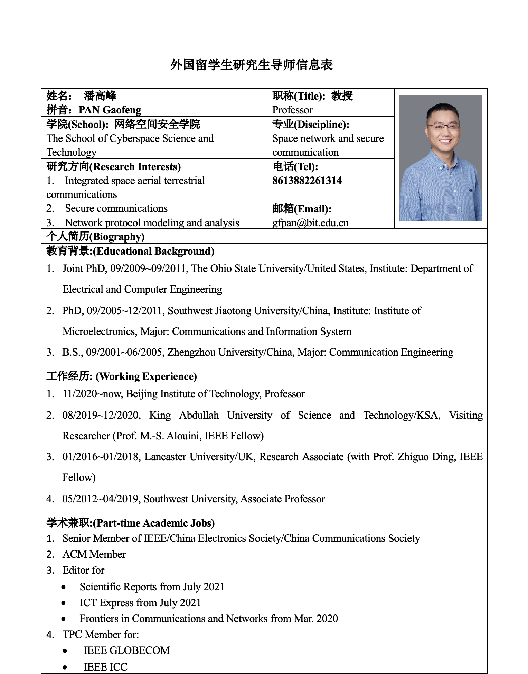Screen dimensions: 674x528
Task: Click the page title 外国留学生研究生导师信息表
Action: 251,65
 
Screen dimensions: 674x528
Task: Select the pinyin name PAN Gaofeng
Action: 110,110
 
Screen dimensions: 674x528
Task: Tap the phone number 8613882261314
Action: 307,181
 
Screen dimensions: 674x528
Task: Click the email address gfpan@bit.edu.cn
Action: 310,223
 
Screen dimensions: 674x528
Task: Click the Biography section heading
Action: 95,237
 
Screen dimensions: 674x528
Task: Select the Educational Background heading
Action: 130,251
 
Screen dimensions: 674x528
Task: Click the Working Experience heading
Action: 122,376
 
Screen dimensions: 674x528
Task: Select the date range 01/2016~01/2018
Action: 101,457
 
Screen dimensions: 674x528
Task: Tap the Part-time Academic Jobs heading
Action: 131,523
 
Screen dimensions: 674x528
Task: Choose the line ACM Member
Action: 94,554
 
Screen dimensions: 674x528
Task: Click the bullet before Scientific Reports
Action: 64,587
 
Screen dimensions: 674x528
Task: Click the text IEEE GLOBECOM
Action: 126,650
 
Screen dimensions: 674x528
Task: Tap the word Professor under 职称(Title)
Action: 292,110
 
